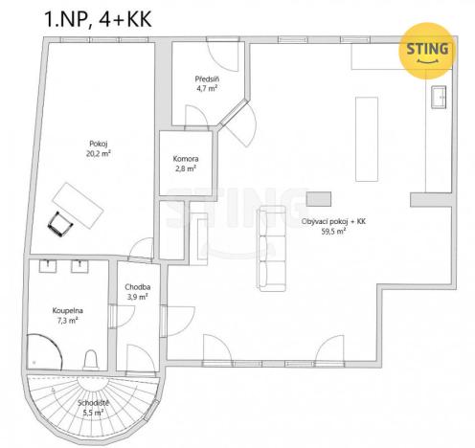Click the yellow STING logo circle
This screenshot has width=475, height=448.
click(x=427, y=51)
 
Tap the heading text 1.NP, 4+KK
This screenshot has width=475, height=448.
click(x=98, y=19)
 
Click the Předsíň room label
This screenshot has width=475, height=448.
click(x=207, y=79)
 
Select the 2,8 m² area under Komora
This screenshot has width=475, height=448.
click(x=186, y=168)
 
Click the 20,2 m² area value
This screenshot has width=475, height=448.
click(x=99, y=153)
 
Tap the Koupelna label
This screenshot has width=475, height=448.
click(x=68, y=310)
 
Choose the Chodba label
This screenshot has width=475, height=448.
click(x=138, y=287)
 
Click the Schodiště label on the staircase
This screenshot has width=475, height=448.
click(x=93, y=403)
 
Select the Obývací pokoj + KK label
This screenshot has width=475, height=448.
click(x=333, y=221)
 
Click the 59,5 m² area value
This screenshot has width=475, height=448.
click(x=333, y=232)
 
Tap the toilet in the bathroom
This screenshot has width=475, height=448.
click(x=91, y=360)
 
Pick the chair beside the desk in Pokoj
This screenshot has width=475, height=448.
click(x=60, y=224)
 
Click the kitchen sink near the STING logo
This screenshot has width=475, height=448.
click(x=439, y=97)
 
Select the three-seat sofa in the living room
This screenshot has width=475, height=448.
click(x=272, y=248)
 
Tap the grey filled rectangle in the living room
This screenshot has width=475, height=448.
click(x=319, y=199)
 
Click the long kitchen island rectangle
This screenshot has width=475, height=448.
click(x=367, y=139)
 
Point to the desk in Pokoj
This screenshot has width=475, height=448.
click(x=79, y=206)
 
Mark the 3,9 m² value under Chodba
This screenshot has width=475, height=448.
click(x=138, y=297)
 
